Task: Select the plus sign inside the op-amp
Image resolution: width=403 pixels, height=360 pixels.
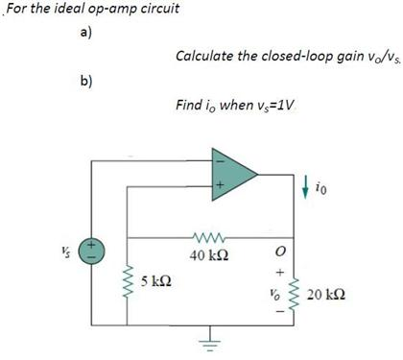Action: (x=218, y=186)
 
